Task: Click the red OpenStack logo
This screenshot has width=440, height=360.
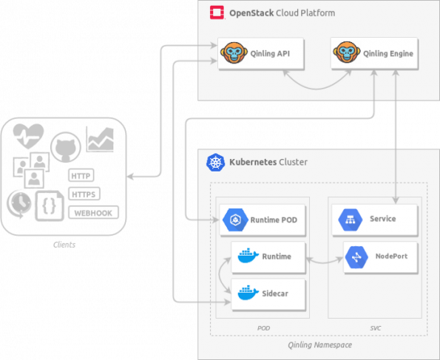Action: [x=217, y=13]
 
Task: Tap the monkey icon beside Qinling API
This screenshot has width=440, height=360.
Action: [x=234, y=52]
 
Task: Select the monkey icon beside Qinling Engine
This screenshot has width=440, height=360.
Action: [x=347, y=52]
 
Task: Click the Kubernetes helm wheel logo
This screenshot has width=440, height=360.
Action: [x=215, y=162]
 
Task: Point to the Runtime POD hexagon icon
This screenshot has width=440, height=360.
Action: [x=235, y=220]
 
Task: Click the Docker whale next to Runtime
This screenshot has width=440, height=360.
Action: [x=248, y=256]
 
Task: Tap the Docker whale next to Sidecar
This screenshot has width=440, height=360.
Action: [x=248, y=293]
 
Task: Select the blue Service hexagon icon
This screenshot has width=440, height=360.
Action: [x=351, y=220]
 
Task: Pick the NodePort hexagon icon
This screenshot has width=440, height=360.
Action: [x=356, y=257]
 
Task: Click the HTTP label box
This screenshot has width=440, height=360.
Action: [x=81, y=175]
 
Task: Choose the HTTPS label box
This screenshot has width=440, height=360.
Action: [x=84, y=194]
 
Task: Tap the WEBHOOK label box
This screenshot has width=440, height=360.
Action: [x=93, y=213]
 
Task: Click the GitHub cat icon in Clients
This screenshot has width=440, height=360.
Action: [x=66, y=147]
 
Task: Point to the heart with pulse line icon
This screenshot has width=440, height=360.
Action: [x=29, y=136]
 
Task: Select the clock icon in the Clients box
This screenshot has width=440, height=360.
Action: [x=19, y=203]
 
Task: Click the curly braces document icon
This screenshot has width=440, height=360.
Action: [x=50, y=206]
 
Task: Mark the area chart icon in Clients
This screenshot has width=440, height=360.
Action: [x=100, y=139]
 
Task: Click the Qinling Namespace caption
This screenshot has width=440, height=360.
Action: [x=320, y=344]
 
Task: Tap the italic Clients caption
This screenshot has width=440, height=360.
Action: [x=64, y=245]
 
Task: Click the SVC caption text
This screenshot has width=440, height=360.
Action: [x=376, y=328]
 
